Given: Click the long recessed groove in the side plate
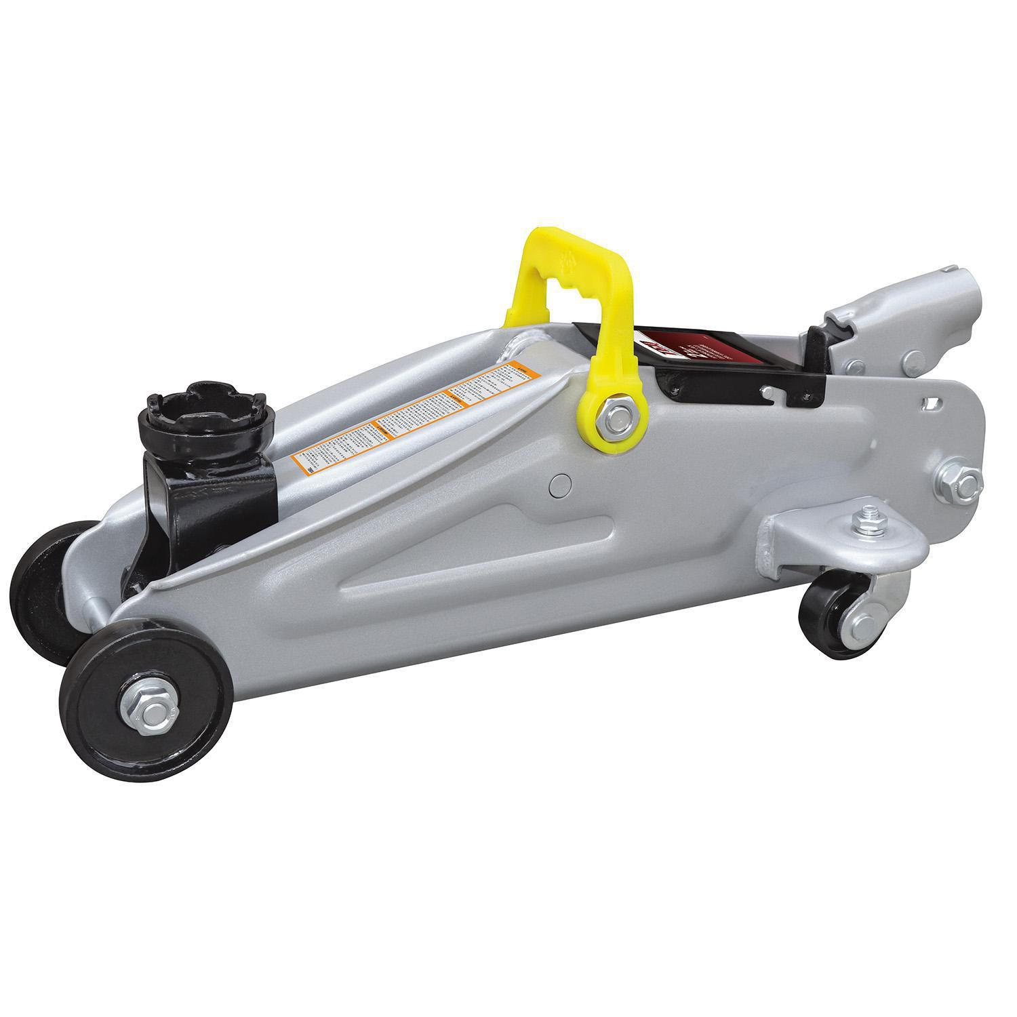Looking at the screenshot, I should [x=475, y=563].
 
